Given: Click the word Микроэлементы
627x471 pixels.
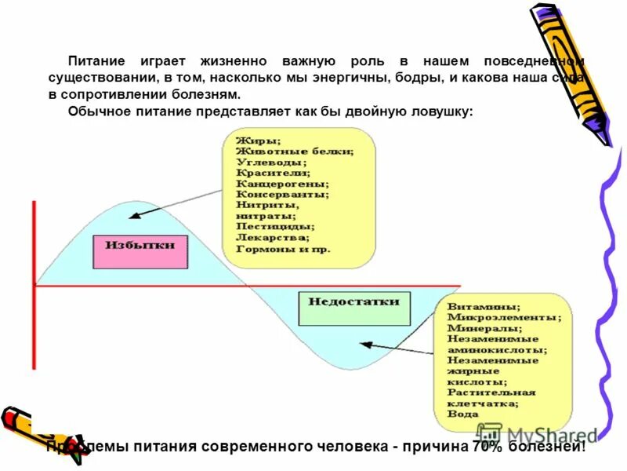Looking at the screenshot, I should [x=503, y=318].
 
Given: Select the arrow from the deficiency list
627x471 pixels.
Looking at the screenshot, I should [x=396, y=348].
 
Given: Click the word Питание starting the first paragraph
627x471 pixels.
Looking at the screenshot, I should [x=96, y=60].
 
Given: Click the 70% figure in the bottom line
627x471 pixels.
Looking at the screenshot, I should [x=487, y=447].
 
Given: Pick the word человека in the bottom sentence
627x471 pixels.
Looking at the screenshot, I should [x=349, y=447].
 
